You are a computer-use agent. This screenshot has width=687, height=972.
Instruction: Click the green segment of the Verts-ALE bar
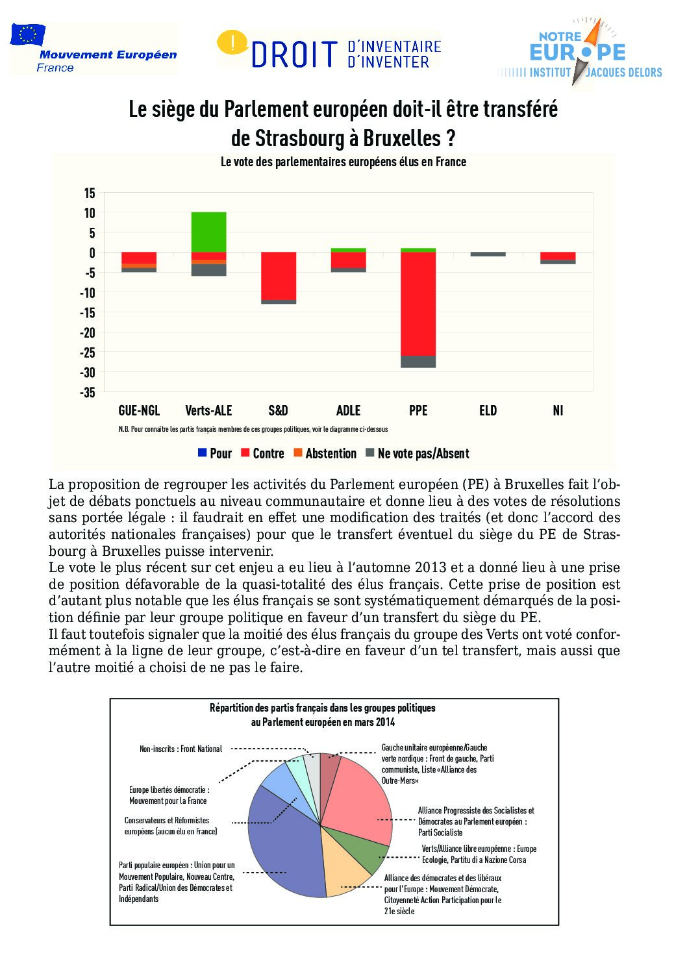[208, 232]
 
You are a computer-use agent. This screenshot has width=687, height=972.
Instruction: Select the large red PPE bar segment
[418, 303]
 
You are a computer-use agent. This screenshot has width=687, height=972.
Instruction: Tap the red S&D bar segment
[279, 275]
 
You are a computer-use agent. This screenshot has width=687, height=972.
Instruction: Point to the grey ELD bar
[488, 254]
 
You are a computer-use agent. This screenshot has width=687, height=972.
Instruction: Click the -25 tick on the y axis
[88, 352]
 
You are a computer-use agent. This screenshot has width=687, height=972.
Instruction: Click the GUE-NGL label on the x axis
[139, 410]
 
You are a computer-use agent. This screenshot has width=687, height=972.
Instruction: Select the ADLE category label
[348, 410]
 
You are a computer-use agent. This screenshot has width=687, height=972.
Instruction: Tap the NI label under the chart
[558, 410]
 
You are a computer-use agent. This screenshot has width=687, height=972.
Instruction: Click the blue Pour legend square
[203, 453]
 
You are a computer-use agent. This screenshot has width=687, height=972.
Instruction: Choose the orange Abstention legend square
[298, 453]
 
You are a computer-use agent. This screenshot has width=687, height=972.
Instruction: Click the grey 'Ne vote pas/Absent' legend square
[371, 453]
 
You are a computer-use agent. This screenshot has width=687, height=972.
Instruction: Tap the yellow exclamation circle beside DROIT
[231, 43]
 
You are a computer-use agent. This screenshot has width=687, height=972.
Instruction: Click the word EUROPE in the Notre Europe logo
[577, 52]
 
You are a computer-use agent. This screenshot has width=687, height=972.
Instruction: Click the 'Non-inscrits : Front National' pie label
[181, 749]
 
